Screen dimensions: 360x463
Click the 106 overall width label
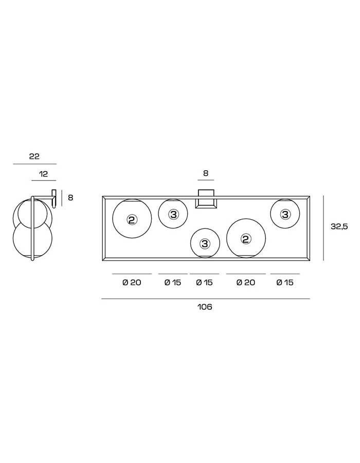click(x=205, y=307)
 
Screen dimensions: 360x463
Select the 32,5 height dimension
click(x=339, y=226)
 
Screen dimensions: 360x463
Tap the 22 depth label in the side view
click(x=34, y=156)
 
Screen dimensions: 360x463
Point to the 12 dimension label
click(x=43, y=174)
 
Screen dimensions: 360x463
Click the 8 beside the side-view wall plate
click(x=70, y=198)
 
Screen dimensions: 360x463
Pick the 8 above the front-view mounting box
click(x=206, y=173)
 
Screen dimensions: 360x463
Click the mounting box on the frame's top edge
click(x=206, y=199)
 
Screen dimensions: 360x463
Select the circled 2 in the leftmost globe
click(x=132, y=219)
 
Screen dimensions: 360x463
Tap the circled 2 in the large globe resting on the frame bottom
click(x=245, y=239)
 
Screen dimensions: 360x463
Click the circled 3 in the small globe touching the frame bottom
click(x=205, y=244)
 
